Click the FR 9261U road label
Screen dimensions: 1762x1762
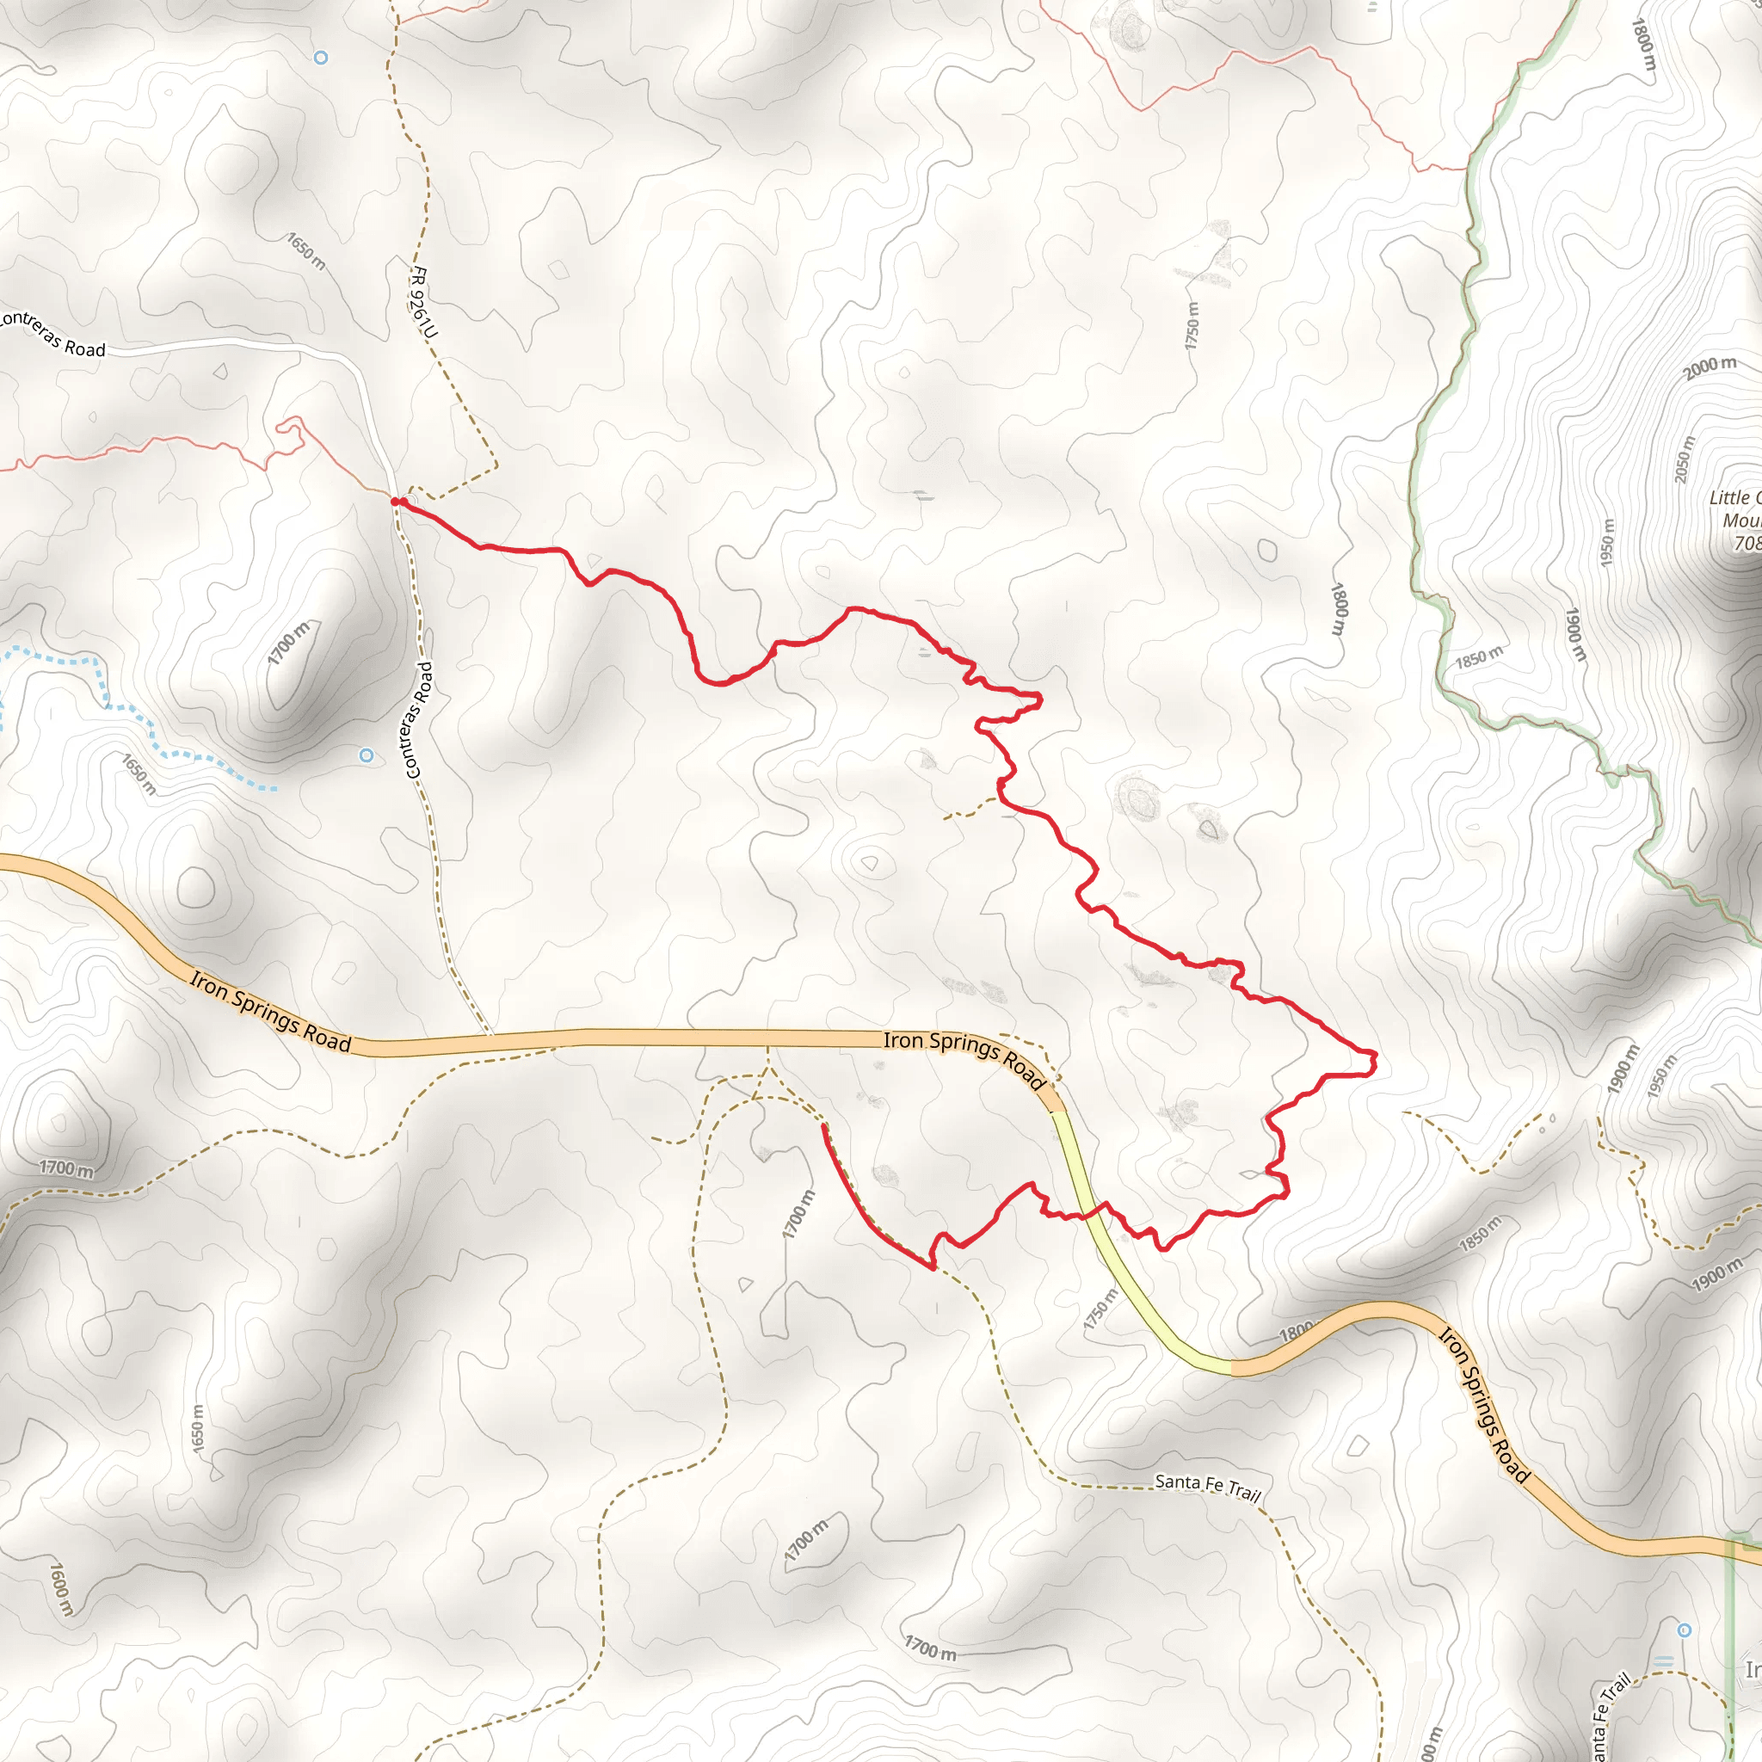pyautogui.click(x=423, y=302)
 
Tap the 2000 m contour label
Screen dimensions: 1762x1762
pyautogui.click(x=1710, y=367)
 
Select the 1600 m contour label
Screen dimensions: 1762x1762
pyautogui.click(x=60, y=1589)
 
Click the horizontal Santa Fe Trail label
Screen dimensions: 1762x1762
pyautogui.click(x=1207, y=1488)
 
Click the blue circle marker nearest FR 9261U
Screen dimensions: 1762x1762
pyautogui.click(x=321, y=58)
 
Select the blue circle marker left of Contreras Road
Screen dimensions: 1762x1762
pyautogui.click(x=367, y=755)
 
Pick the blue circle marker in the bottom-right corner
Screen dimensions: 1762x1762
pyautogui.click(x=1685, y=1630)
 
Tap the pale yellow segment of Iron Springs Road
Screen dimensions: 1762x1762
pyautogui.click(x=1122, y=1277)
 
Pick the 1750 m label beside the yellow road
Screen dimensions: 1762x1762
pyautogui.click(x=1099, y=1309)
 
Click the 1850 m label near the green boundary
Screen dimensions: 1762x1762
pyautogui.click(x=1478, y=656)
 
